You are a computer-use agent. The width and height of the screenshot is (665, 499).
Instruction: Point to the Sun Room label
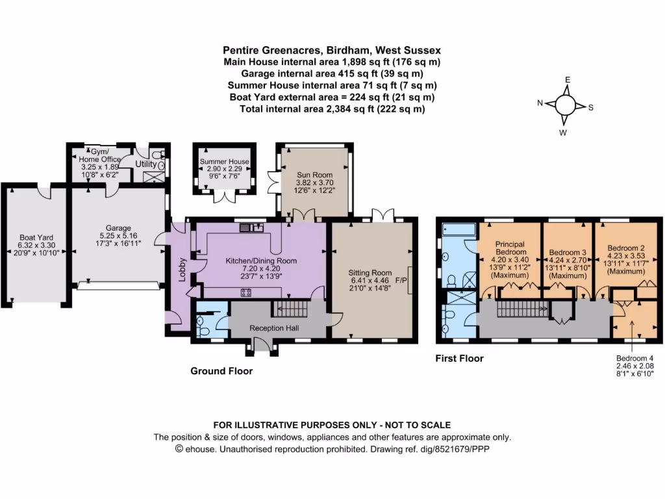point(314,175)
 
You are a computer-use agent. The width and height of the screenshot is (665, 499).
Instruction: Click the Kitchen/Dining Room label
point(260,261)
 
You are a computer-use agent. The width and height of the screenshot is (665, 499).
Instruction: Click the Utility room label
point(145,164)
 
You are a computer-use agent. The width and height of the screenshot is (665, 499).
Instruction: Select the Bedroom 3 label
point(568,252)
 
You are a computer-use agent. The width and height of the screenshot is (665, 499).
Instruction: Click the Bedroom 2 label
point(626,248)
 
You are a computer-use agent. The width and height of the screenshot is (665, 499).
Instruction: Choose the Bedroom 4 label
point(634,358)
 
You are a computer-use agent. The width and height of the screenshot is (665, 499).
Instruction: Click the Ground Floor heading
point(221,371)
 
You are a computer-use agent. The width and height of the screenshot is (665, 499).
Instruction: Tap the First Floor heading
point(459,358)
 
